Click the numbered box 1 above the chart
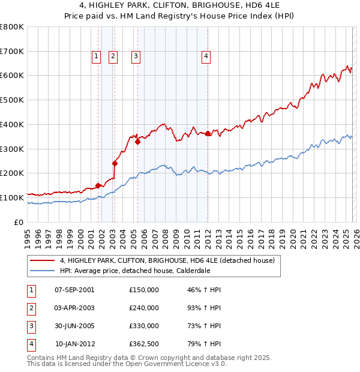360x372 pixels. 96,56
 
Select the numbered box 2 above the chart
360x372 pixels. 113,56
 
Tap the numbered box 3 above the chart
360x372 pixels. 136,56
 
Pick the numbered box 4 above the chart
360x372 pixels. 206,56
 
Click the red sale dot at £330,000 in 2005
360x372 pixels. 137,142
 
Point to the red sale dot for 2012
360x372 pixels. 208,134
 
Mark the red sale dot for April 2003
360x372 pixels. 115,163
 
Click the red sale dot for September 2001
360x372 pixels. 98,185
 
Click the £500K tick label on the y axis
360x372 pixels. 12,100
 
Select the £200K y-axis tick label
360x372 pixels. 12,173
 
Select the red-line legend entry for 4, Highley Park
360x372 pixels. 167,260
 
